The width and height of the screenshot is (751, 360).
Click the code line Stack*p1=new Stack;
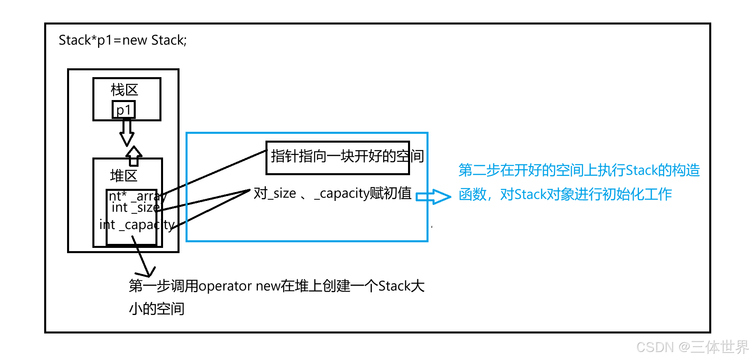122,40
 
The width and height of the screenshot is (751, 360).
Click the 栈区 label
124,90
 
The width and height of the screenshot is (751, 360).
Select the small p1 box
124,110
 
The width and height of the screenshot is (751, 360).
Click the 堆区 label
124,176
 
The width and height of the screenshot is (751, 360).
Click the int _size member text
136,207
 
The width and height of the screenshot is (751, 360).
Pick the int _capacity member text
137,225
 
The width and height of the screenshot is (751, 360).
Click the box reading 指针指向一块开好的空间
338,157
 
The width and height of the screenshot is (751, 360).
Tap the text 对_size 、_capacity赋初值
333,193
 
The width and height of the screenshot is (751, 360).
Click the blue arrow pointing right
433,196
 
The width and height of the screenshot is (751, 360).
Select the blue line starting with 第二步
579,170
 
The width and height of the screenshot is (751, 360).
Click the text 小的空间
157,309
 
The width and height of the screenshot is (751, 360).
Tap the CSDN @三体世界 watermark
692,346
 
